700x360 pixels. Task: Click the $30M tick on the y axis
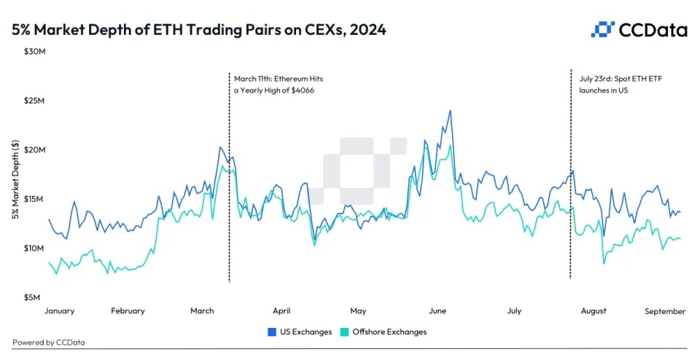pos(34,52)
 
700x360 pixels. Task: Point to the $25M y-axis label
pos(34,101)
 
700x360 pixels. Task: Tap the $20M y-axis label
pos(34,150)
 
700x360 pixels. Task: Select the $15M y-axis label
pos(34,199)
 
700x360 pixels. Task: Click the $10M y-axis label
pos(34,249)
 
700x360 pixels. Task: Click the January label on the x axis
pos(59,311)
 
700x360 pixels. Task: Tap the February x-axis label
pos(128,311)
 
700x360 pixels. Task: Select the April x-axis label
pos(282,311)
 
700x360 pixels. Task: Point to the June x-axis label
pos(437,311)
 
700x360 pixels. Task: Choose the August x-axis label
pos(594,311)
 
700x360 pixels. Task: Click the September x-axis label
pos(665,311)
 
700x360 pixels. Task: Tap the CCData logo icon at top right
pos(602,29)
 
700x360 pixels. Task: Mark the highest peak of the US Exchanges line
pos(450,111)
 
